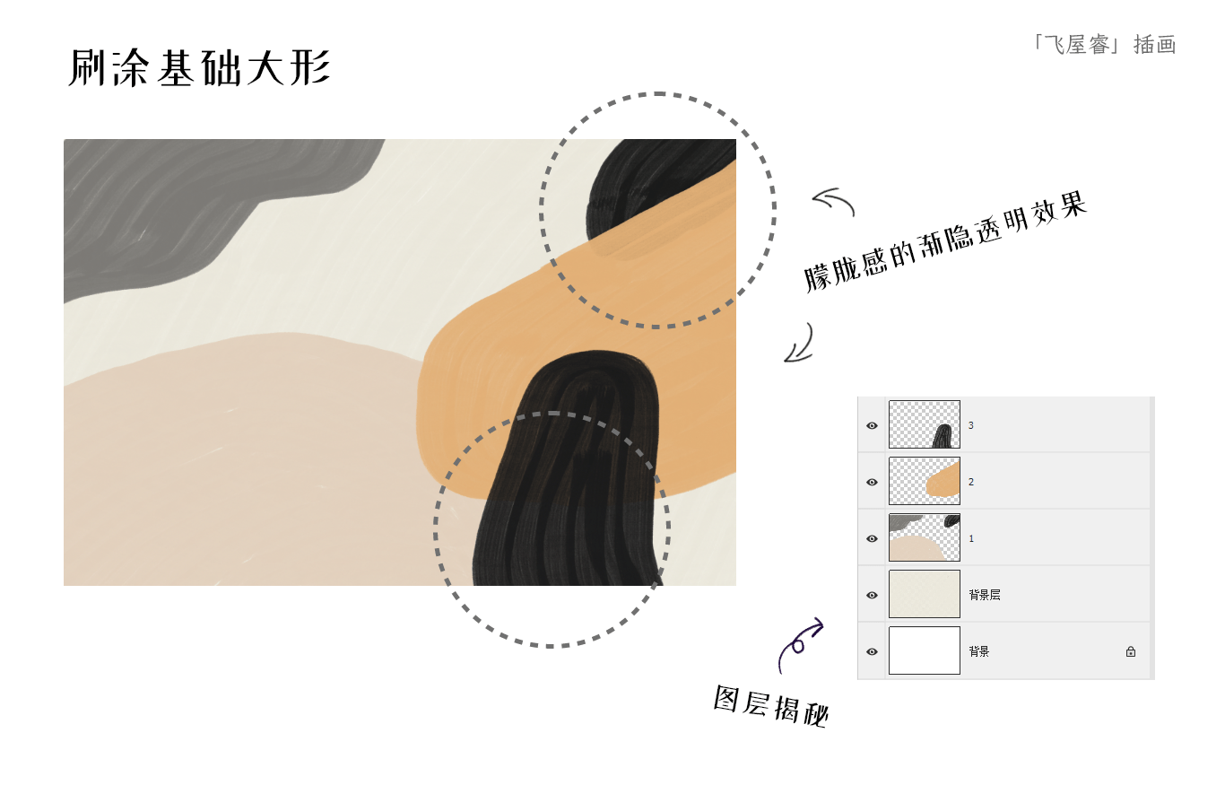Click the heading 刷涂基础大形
click(x=200, y=67)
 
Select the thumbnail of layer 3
click(x=925, y=424)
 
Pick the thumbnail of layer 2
click(x=925, y=481)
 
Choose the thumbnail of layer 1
click(x=925, y=538)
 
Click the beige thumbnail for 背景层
click(x=925, y=594)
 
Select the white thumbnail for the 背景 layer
click(x=925, y=650)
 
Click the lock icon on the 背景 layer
click(x=1131, y=651)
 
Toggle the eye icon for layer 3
click(x=872, y=426)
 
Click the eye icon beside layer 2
click(x=872, y=482)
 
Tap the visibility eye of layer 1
click(x=872, y=539)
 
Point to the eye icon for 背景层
click(x=872, y=596)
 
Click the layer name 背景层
click(x=985, y=595)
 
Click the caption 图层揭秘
click(x=771, y=706)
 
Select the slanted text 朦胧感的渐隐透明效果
click(x=944, y=241)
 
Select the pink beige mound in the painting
click(x=246, y=465)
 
